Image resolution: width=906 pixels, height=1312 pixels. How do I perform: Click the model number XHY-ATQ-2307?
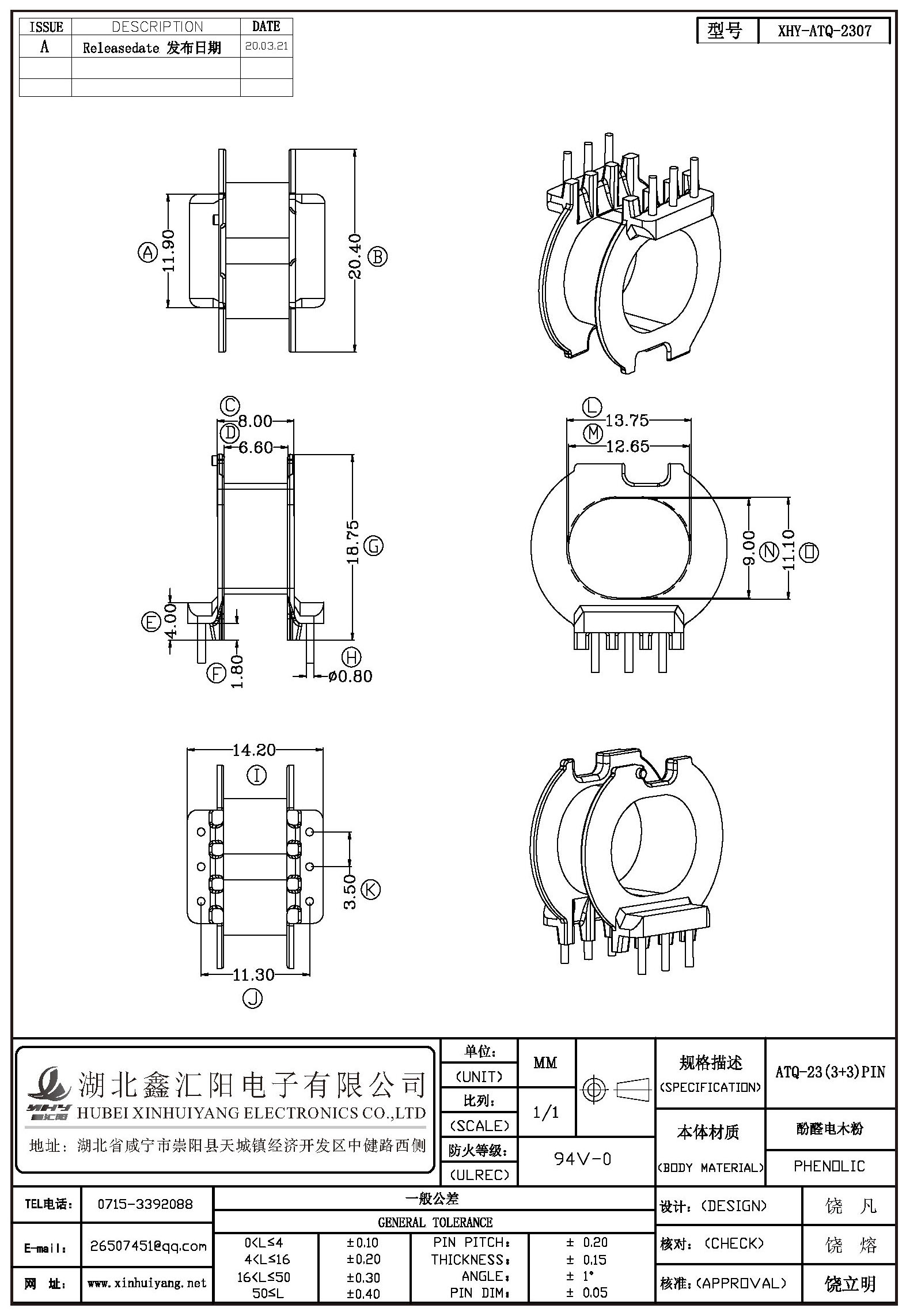tap(824, 31)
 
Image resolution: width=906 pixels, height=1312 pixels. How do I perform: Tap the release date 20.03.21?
tap(266, 47)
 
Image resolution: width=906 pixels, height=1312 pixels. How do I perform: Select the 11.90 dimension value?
tap(168, 251)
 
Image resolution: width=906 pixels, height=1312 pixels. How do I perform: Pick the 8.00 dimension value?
tap(255, 421)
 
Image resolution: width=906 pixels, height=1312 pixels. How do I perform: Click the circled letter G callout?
tap(374, 545)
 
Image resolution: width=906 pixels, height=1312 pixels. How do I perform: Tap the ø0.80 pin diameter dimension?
tap(350, 676)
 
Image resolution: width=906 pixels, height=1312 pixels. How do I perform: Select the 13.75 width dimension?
tap(627, 421)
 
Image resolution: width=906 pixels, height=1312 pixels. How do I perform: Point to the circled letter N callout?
tap(769, 552)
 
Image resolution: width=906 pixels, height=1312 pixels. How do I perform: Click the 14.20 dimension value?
tap(254, 750)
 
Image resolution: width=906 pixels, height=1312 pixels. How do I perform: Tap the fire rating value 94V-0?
tap(582, 1158)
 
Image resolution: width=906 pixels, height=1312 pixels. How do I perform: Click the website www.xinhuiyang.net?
tap(147, 1283)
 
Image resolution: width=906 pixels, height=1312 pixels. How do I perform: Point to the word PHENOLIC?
tap(829, 1166)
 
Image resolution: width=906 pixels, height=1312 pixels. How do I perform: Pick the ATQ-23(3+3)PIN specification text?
tap(830, 1072)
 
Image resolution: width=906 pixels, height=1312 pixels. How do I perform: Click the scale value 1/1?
tap(545, 1112)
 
